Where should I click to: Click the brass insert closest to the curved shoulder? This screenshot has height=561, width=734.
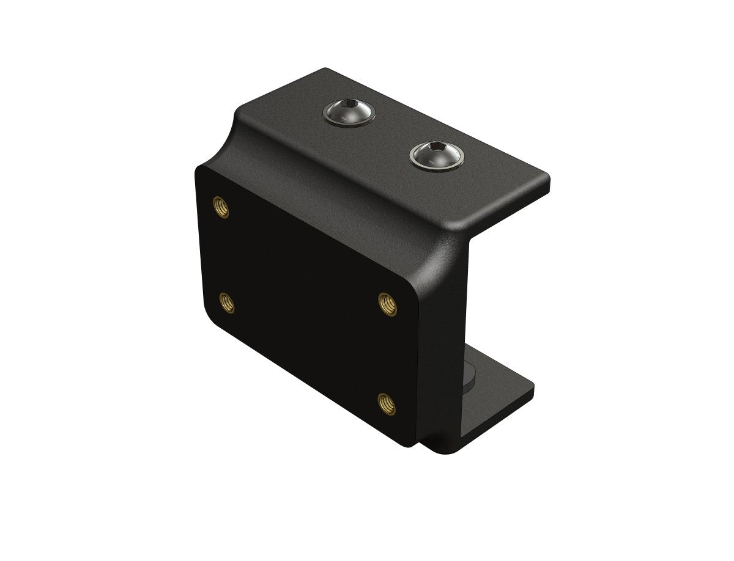point(220,207)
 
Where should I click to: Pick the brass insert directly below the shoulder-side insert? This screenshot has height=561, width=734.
point(226,301)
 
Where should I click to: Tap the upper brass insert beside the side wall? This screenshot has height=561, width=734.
point(387,303)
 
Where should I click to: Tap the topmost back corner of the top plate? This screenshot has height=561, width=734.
point(326,69)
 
